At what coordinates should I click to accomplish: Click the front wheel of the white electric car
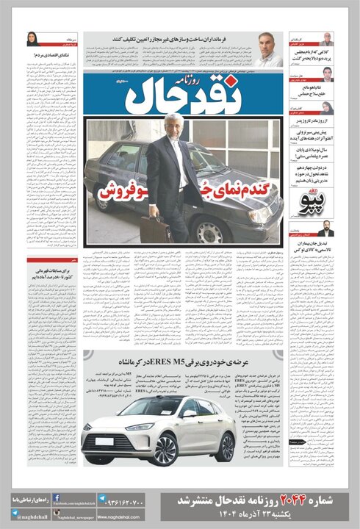tap(165, 447)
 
